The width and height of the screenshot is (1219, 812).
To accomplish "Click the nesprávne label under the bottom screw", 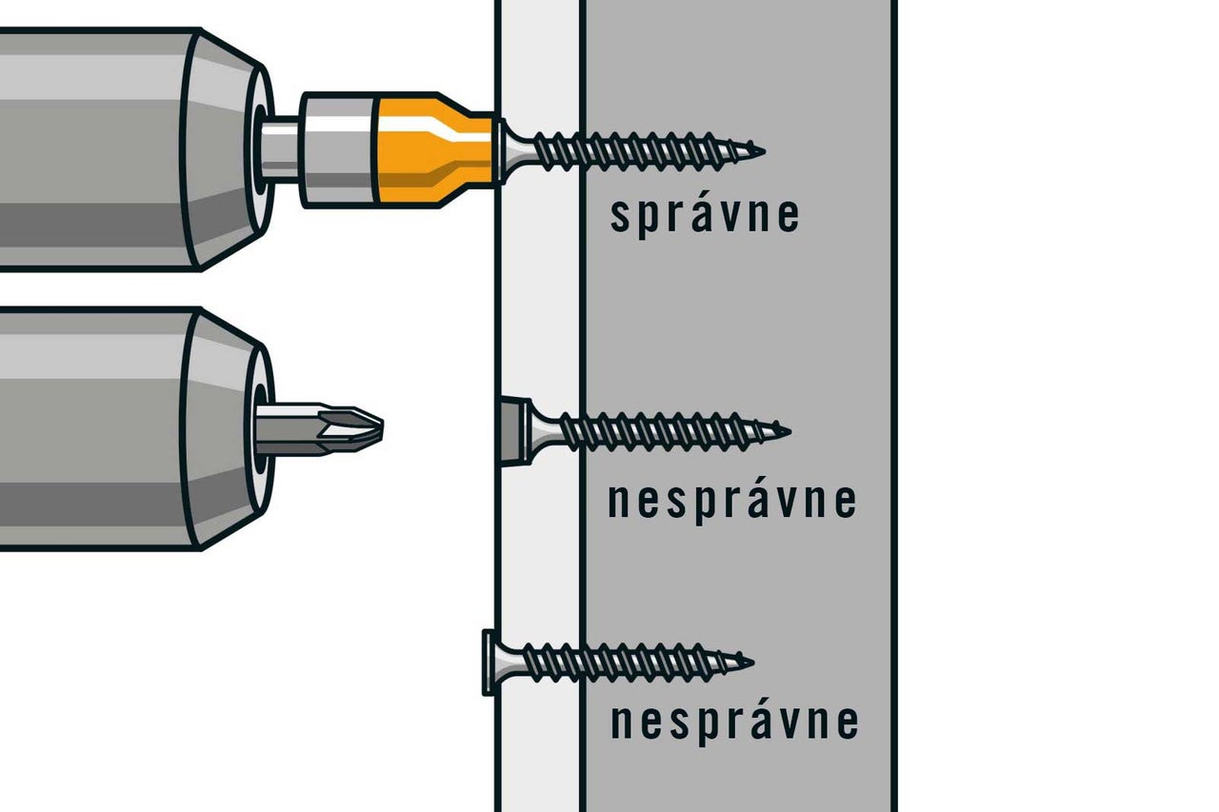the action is point(734,722).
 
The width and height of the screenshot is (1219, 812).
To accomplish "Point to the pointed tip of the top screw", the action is point(764,151).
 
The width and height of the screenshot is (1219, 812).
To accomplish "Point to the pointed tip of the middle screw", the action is point(789,432).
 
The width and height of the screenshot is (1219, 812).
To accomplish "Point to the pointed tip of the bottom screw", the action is point(752,663).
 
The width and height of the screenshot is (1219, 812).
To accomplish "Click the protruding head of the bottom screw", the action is point(490,663).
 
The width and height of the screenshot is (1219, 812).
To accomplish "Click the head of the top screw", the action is point(504,150).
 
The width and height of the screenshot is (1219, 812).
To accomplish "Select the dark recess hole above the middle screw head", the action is point(513,432).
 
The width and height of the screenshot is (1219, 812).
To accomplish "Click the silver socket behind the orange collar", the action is point(337,150).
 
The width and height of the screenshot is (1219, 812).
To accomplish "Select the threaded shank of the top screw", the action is point(642,151).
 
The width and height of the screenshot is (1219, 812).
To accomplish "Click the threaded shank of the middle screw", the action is point(669,432).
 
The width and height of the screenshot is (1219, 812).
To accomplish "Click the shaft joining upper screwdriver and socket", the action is point(280,149).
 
